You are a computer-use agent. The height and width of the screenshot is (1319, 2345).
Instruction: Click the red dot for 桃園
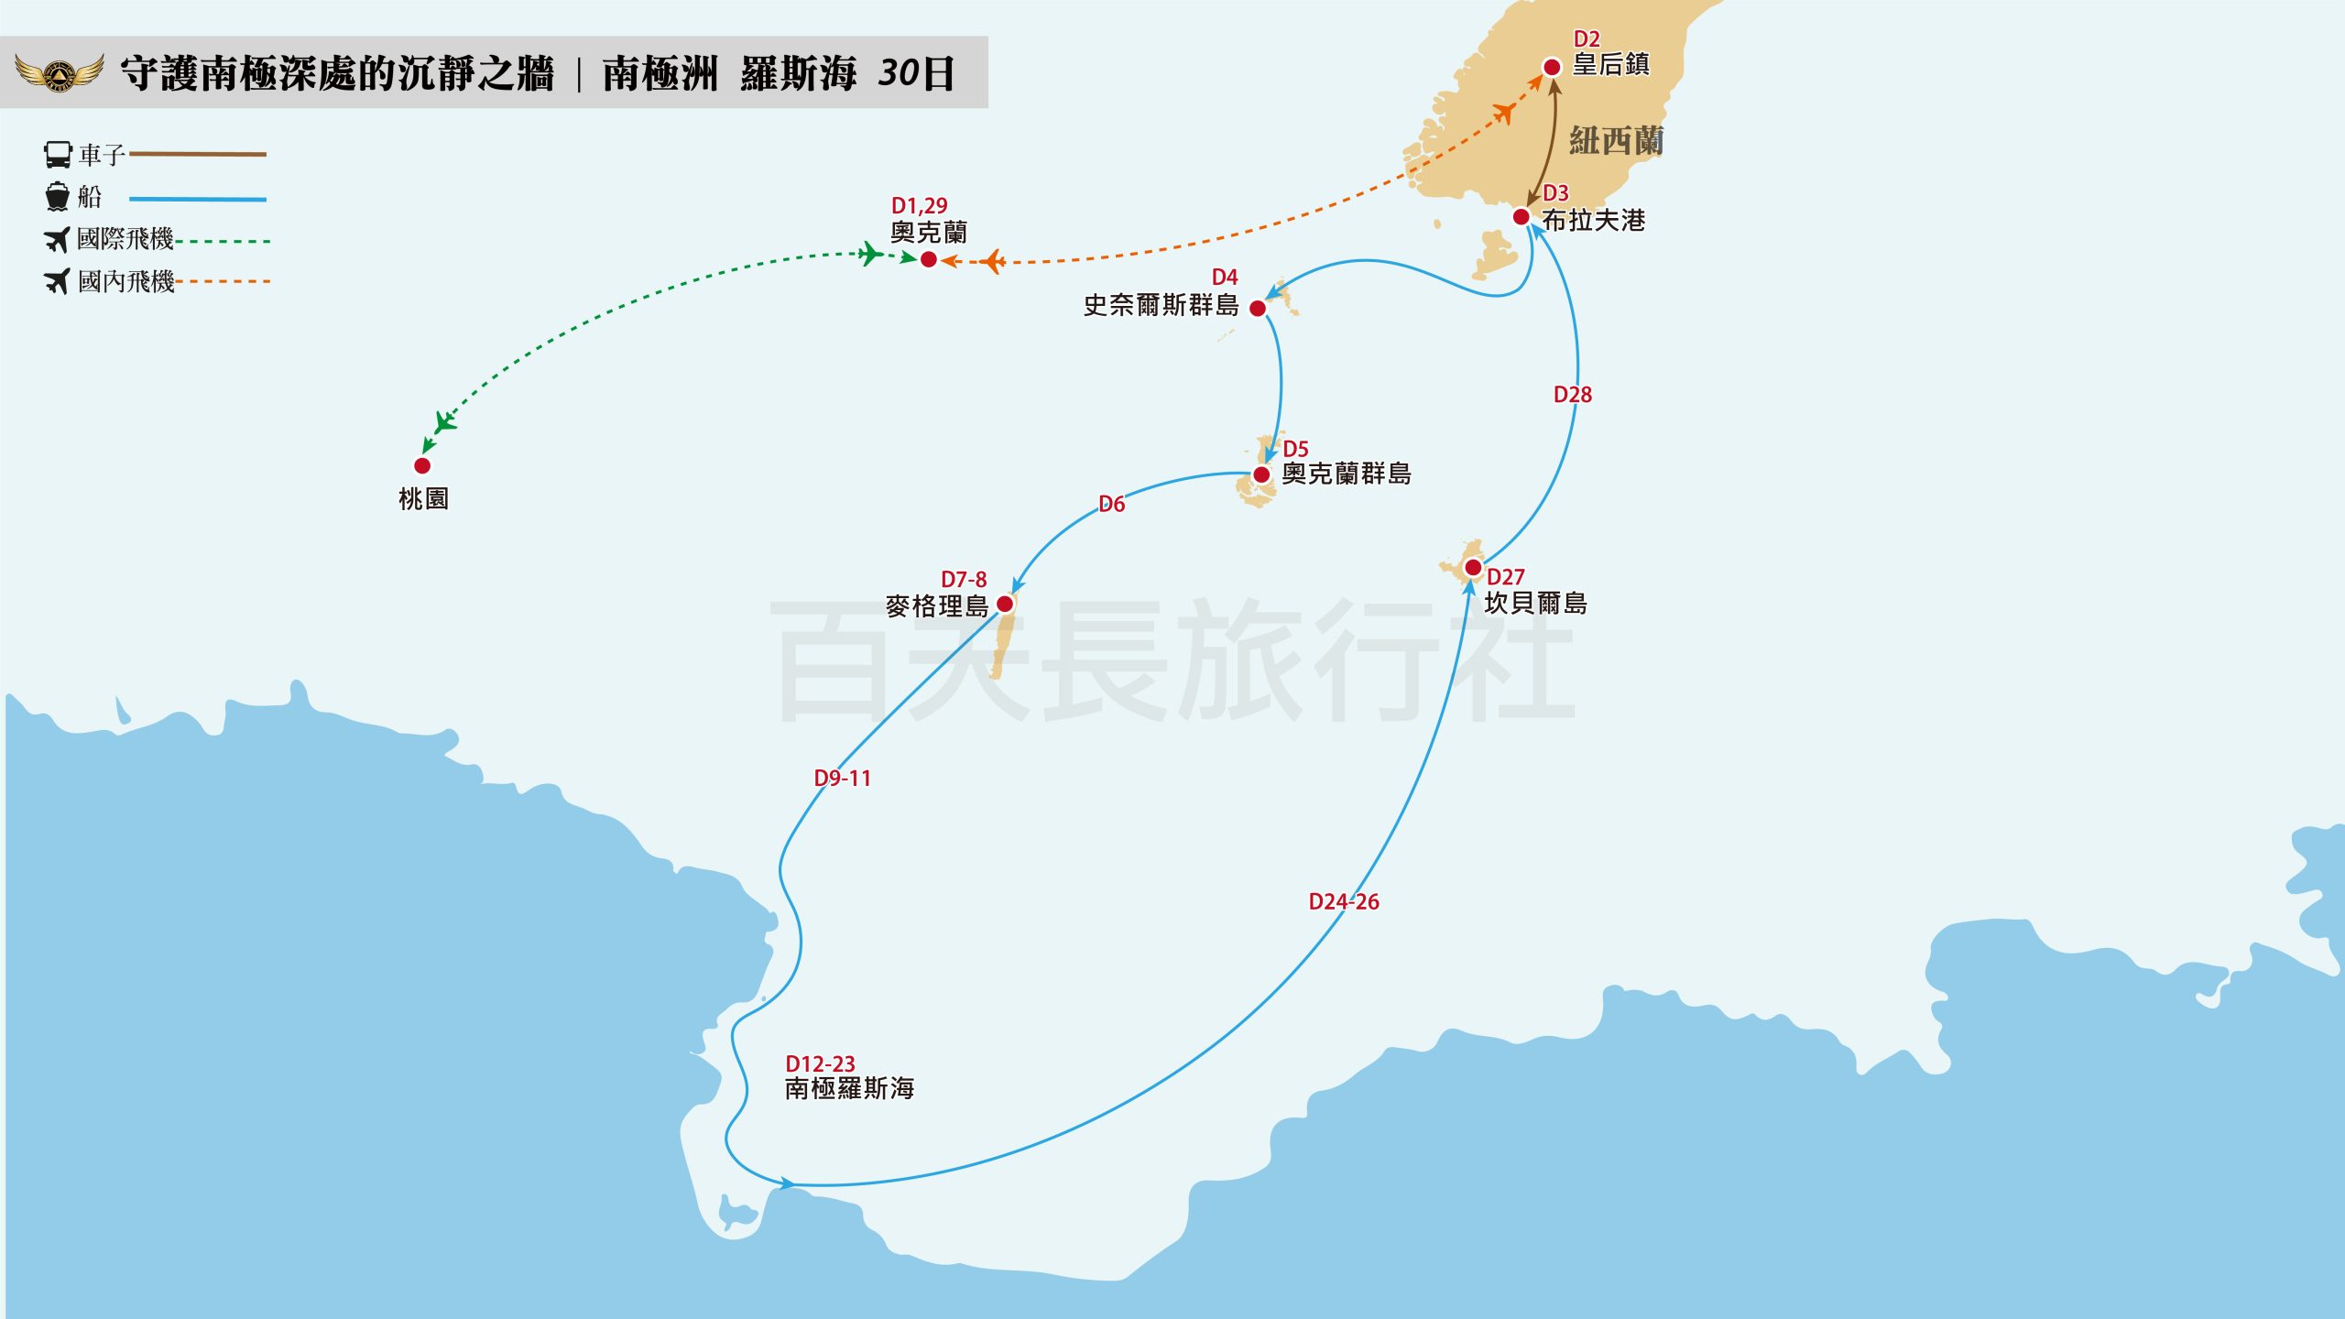pos(422,465)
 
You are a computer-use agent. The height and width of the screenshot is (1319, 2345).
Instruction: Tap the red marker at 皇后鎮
pos(1552,67)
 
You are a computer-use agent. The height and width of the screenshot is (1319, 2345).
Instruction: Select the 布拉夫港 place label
pos(1593,221)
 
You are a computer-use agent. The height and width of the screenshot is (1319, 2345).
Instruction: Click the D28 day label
pos(1572,395)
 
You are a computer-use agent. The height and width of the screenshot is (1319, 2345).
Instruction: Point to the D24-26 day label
pos(1343,901)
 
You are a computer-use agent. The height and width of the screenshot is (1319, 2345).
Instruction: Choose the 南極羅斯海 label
pos(849,1088)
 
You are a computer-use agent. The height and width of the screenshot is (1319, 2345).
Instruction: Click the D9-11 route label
pos(842,778)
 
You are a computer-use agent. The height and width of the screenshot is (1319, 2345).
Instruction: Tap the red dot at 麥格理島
pos(1005,604)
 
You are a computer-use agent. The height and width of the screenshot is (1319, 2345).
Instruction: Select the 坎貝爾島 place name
pos(1535,604)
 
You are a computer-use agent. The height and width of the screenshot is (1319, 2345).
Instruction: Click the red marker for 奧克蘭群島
pos(1261,474)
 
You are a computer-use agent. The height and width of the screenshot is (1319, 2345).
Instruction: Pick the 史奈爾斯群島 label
pos(1161,305)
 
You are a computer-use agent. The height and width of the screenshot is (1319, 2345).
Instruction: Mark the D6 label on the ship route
pos(1111,504)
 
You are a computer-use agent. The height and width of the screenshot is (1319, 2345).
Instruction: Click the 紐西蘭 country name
pos(1616,141)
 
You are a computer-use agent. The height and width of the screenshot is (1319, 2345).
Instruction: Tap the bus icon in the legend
pos(58,154)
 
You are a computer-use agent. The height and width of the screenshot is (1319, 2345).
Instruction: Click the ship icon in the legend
pos(57,196)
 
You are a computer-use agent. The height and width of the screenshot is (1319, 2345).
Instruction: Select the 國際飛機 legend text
pos(125,239)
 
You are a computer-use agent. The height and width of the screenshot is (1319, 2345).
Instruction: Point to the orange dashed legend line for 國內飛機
pos(223,281)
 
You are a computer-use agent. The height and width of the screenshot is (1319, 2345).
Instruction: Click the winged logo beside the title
pos(60,72)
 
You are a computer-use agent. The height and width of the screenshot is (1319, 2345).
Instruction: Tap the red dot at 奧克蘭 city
pos(928,260)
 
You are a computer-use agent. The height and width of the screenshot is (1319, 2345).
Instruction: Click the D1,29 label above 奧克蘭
pos(919,205)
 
